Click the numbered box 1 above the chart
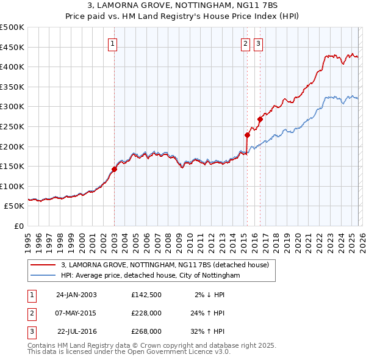(114, 43)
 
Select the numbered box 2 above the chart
(245, 43)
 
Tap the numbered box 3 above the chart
(258, 43)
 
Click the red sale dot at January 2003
(114, 169)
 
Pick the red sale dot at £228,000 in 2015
(247, 135)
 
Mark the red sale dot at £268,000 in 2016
(260, 119)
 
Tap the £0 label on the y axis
(18, 226)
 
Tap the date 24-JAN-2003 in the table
(76, 294)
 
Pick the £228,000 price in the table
(146, 313)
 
